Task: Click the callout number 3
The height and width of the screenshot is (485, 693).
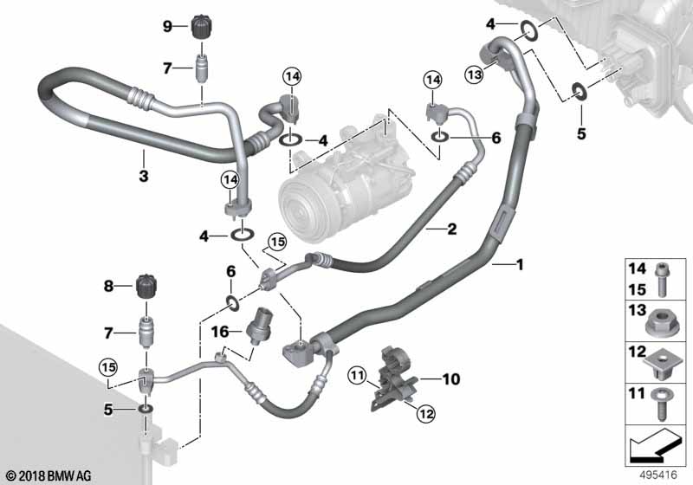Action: [x=143, y=177]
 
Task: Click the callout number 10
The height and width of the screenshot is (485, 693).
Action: [x=451, y=378]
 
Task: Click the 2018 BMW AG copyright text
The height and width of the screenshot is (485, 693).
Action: [x=47, y=475]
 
